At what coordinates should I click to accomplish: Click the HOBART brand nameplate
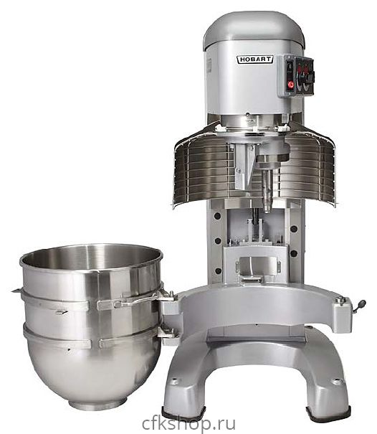(x=254, y=60)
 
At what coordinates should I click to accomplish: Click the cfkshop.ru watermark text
(x=189, y=424)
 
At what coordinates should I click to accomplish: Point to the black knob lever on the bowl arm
(x=361, y=305)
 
